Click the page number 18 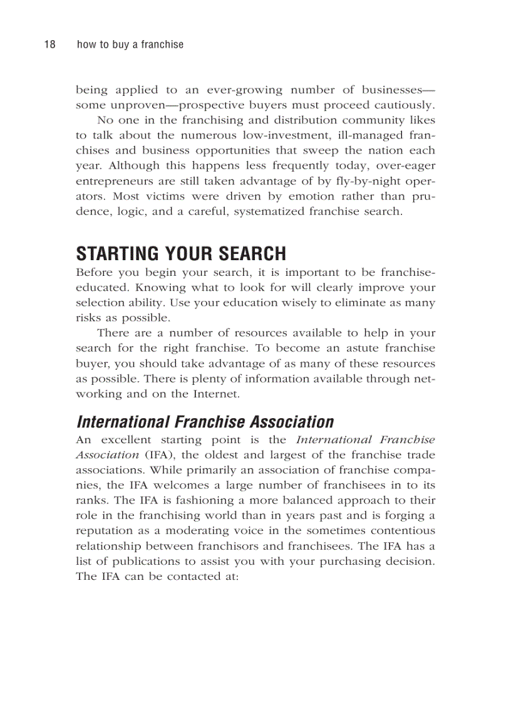pyautogui.click(x=49, y=45)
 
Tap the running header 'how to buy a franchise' pyautogui.click(x=130, y=45)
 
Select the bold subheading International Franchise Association pyautogui.click(x=205, y=422)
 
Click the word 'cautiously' pyautogui.click(x=403, y=105)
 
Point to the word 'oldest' pyautogui.click(x=207, y=455)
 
